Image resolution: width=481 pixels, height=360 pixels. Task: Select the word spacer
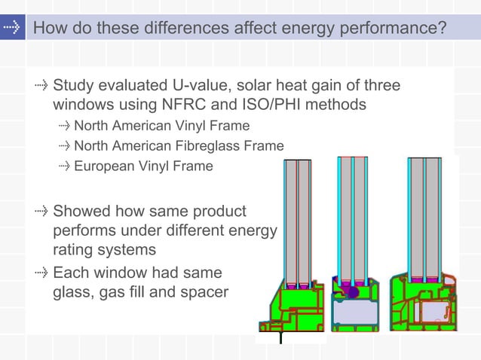click(203, 291)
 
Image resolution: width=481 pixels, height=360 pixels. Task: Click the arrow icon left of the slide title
click(12, 29)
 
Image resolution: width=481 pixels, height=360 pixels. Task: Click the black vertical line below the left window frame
click(280, 337)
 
